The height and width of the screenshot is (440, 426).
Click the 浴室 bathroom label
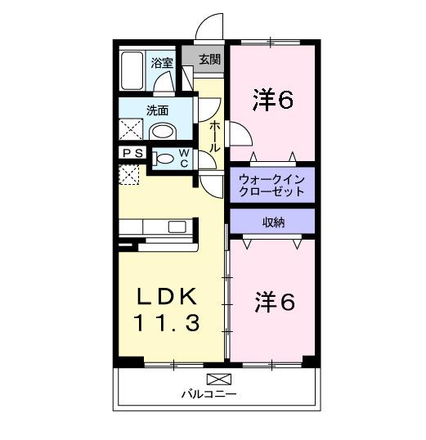point(162,62)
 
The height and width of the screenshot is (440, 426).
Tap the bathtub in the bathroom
point(133,72)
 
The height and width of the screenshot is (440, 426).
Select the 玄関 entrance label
point(209,58)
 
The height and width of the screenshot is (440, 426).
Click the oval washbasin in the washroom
point(164,131)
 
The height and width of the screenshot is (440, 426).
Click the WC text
point(184,157)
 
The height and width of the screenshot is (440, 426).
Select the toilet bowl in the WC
point(164,158)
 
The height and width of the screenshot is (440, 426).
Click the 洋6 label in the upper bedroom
point(272,100)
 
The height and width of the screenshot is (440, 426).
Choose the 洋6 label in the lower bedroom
point(272,302)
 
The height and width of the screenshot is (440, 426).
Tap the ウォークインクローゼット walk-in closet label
point(271,184)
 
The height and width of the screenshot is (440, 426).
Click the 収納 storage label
point(273,222)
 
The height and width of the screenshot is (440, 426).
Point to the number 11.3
point(168,324)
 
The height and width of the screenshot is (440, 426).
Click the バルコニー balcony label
point(209,394)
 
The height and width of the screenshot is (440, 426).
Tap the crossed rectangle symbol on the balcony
point(219,378)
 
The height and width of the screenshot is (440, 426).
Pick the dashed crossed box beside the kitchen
point(130,174)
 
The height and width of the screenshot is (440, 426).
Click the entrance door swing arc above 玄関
point(210,26)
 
